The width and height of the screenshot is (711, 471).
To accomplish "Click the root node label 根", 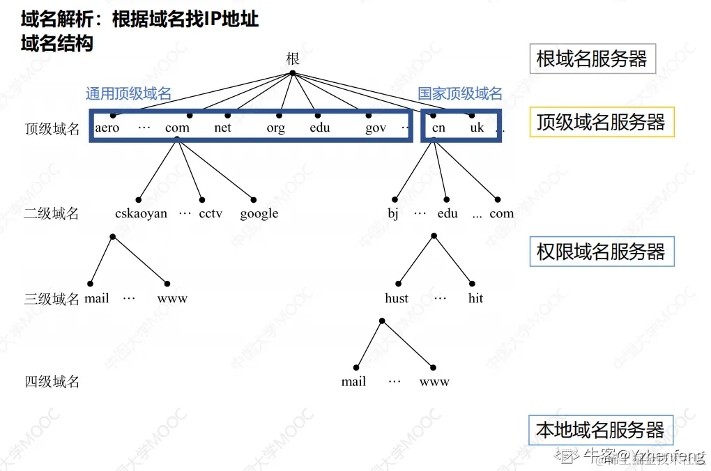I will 293,59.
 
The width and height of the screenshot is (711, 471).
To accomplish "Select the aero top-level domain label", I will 107,128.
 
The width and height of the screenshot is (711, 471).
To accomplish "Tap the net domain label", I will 223,128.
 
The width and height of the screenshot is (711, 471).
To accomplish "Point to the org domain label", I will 276,129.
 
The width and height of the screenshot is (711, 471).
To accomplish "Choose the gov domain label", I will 376,129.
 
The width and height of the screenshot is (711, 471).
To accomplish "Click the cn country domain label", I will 438,128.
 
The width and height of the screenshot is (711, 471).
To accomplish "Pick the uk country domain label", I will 477,128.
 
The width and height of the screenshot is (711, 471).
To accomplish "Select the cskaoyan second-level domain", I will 142,214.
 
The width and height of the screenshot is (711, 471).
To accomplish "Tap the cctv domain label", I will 211,214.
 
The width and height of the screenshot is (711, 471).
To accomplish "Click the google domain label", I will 259,214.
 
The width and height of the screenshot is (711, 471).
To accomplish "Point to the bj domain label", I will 393,214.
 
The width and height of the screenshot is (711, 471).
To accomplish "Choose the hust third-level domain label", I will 397,299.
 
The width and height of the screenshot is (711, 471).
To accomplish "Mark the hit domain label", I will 476,299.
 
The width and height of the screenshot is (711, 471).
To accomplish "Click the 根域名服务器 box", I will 592,59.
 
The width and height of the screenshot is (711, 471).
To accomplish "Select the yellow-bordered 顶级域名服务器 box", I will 602,122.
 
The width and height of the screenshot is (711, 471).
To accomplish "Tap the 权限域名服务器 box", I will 602,252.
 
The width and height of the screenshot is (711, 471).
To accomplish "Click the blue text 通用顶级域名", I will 128,94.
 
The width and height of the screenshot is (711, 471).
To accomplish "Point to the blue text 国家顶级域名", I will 460,94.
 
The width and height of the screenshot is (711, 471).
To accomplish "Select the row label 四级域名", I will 52,382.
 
